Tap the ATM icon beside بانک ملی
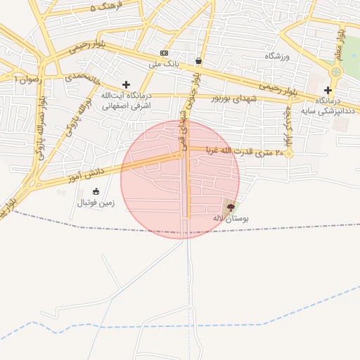164,53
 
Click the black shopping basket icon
199,61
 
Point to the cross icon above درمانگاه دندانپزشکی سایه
328,90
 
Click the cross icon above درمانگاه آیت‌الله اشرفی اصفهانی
126,84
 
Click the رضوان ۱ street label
28,80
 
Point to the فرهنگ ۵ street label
106,7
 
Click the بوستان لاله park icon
231,207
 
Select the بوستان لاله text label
231,219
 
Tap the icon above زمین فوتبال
96,191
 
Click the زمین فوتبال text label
96,203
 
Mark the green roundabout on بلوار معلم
335,72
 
